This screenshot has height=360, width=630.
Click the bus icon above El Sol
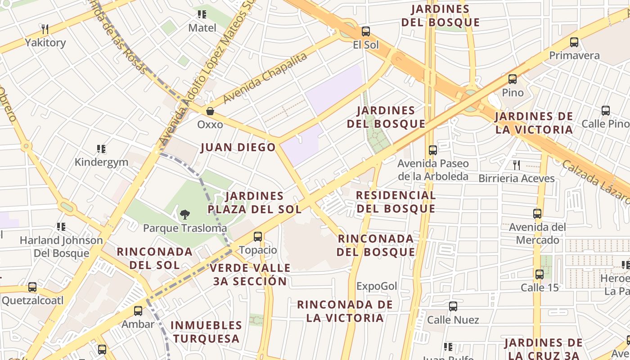click(366, 31)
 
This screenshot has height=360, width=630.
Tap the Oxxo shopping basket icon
click(210, 111)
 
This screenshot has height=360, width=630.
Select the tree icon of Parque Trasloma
click(184, 215)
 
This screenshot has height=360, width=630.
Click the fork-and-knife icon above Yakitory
click(45, 30)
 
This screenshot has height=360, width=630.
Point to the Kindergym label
click(101, 162)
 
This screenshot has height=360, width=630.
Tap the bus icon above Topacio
click(258, 236)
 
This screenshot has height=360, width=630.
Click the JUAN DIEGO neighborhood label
click(238, 147)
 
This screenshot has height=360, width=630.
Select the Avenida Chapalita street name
click(265, 77)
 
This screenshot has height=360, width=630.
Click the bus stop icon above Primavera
click(574, 42)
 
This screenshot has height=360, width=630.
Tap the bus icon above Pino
click(513, 79)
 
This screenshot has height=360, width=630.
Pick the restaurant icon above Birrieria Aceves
click(516, 165)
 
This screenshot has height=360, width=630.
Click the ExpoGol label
click(377, 286)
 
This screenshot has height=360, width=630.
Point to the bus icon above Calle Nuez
click(453, 306)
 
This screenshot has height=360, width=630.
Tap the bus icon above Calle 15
click(540, 274)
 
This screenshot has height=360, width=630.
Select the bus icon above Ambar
click(138, 310)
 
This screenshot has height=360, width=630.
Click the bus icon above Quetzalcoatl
click(32, 287)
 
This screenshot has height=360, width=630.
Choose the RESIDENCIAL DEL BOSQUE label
click(396, 202)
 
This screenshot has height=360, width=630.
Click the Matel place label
click(202, 28)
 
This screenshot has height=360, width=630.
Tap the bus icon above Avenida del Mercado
click(537, 213)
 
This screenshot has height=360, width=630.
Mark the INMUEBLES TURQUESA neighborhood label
click(207, 332)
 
